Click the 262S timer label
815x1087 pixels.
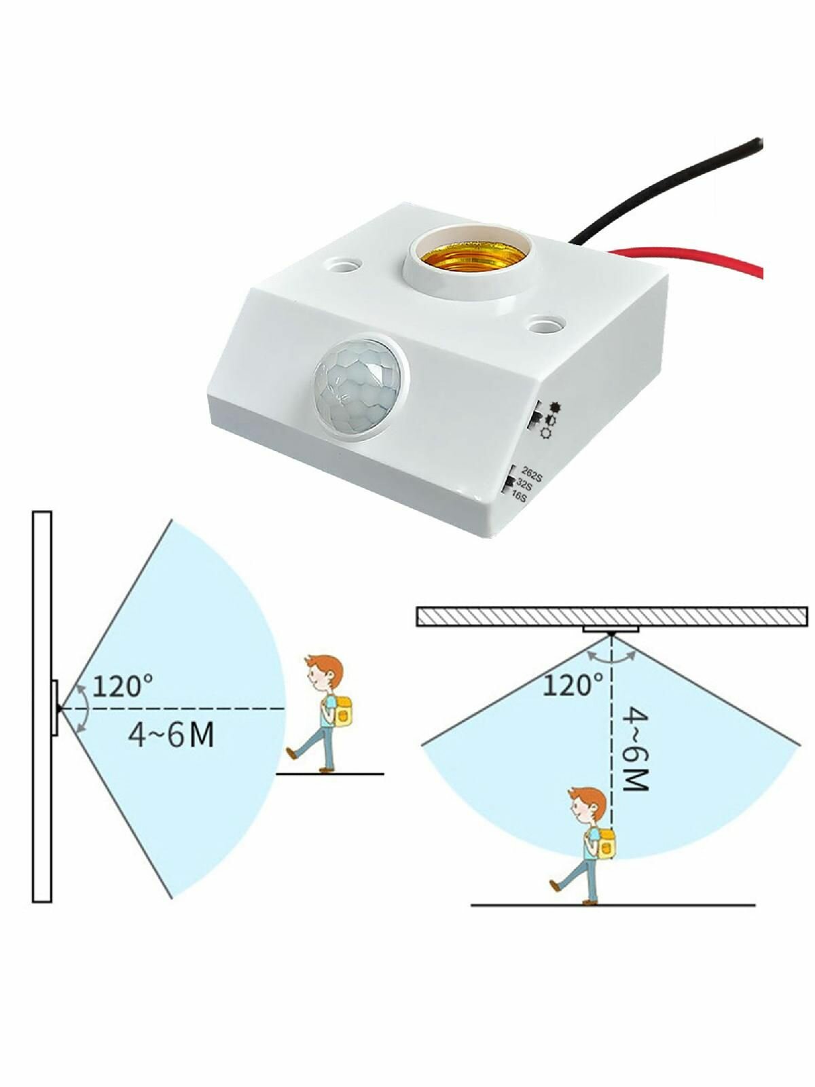(532, 476)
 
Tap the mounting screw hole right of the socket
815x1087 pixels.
(546, 324)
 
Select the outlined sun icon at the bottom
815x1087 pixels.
(546, 433)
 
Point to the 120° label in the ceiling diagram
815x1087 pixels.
(573, 685)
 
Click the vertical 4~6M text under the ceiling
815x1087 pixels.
(634, 749)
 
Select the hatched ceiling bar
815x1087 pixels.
(613, 616)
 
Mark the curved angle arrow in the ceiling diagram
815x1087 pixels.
(612, 657)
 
